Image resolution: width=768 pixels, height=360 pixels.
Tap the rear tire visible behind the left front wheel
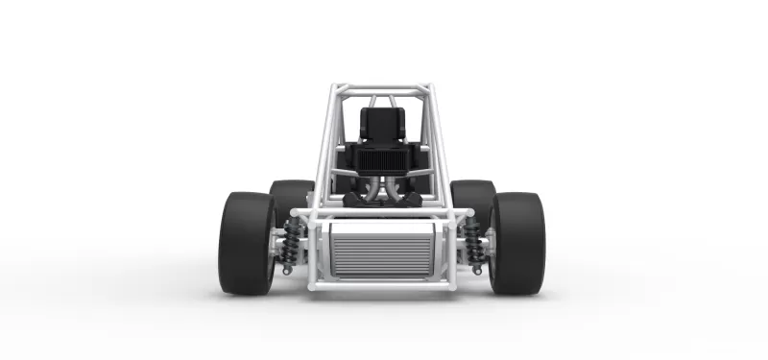pos(289,197)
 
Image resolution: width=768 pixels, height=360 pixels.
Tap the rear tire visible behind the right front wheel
pos(474,197)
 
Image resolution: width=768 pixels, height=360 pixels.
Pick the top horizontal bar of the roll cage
pos(382,88)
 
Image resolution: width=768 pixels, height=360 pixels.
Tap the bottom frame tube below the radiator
pos(382,285)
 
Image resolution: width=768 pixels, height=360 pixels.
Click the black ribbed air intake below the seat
pos(382,158)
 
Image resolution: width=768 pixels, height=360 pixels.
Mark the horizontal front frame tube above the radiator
pos(382,213)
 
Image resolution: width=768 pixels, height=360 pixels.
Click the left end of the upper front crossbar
pos(297,213)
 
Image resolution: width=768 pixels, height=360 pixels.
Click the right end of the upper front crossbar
pos(468,213)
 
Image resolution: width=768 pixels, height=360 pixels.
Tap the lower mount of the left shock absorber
pos(287,270)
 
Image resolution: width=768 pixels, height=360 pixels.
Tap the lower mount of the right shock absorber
pos(477,270)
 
